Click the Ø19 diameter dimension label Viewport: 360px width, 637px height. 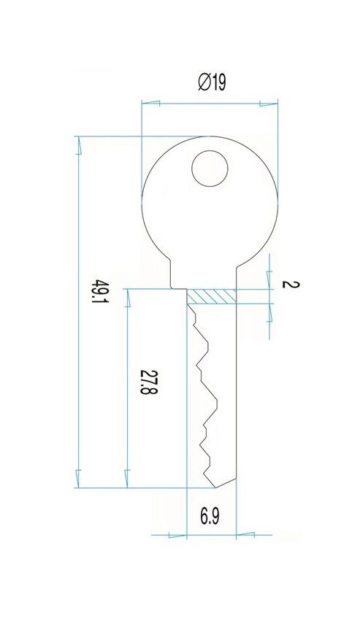click(x=212, y=82)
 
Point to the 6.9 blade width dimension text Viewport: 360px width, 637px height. click(x=210, y=517)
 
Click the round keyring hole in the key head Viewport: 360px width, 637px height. click(x=210, y=169)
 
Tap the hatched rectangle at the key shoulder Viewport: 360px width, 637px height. click(x=212, y=296)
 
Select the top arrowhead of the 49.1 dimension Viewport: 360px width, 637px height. click(x=79, y=145)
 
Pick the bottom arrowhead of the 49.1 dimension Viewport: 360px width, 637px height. click(x=79, y=479)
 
